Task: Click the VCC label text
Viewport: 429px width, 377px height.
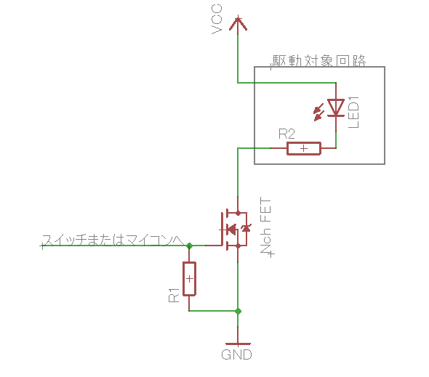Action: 217,20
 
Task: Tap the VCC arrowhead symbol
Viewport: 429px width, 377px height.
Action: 238,23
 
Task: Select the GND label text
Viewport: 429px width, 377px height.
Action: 236,354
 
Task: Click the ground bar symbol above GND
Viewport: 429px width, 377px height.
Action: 238,344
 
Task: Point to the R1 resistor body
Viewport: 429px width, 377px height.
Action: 189,279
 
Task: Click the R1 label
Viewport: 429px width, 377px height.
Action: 174,295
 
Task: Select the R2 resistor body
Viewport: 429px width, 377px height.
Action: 304,148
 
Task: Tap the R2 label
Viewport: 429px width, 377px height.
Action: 286,134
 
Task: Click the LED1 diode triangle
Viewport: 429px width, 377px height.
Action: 336,108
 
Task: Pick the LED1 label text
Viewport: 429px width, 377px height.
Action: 353,112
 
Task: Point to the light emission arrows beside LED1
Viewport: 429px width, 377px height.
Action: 318,113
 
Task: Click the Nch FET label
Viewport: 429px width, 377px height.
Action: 266,227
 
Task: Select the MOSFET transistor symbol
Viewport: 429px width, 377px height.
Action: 235,229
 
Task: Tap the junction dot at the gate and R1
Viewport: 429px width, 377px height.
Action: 189,246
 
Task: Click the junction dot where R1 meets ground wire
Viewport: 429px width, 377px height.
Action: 238,311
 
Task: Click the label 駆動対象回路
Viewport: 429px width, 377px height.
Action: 319,61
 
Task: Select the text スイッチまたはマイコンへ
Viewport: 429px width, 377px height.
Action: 113,240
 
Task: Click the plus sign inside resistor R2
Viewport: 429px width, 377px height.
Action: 304,148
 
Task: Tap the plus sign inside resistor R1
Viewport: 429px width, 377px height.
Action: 189,279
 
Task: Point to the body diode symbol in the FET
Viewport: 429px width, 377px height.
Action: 246,228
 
